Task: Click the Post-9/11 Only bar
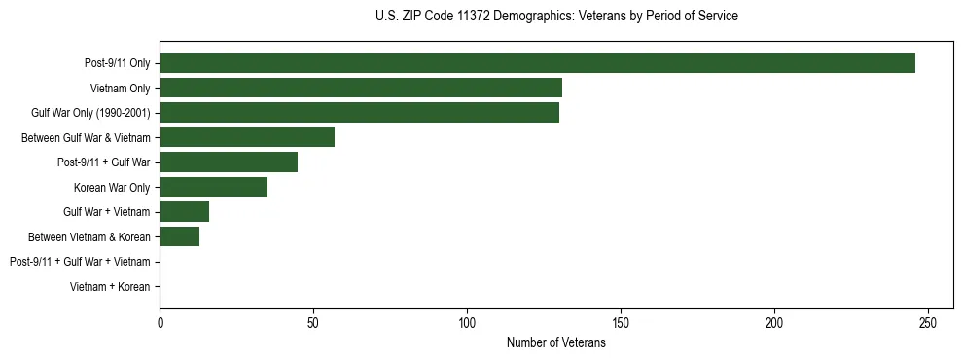(x=537, y=63)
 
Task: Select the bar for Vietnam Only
(x=361, y=88)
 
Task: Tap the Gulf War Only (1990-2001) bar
(x=359, y=113)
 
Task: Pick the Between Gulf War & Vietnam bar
(x=247, y=137)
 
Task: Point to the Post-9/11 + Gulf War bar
(x=229, y=162)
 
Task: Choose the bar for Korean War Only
(x=213, y=187)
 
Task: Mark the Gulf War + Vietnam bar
(x=184, y=212)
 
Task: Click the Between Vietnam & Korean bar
(x=179, y=236)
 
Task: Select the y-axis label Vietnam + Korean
(x=110, y=287)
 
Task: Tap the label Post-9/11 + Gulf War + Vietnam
(x=80, y=262)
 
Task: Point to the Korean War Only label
(x=112, y=187)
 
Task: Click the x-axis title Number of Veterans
(x=555, y=342)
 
